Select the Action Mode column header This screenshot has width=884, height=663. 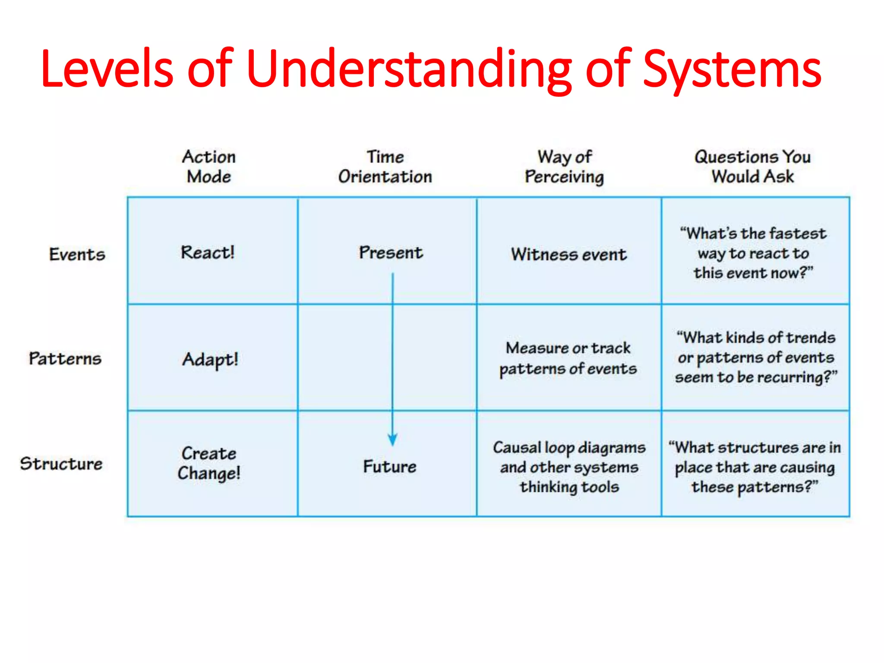click(209, 167)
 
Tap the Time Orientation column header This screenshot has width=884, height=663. click(385, 167)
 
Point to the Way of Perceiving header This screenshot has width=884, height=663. click(564, 167)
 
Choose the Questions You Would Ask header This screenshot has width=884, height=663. click(752, 167)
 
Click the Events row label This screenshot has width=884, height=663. click(77, 254)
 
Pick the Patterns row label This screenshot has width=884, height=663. click(65, 358)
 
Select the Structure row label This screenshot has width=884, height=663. click(61, 464)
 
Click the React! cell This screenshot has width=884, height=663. click(208, 253)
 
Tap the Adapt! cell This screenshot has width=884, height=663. click(210, 360)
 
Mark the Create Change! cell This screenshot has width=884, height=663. click(209, 463)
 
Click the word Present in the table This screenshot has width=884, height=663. click(391, 253)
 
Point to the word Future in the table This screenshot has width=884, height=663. click(390, 467)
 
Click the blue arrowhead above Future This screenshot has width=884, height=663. click(392, 439)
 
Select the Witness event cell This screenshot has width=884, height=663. click(569, 254)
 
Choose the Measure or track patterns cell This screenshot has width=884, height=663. click(568, 358)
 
